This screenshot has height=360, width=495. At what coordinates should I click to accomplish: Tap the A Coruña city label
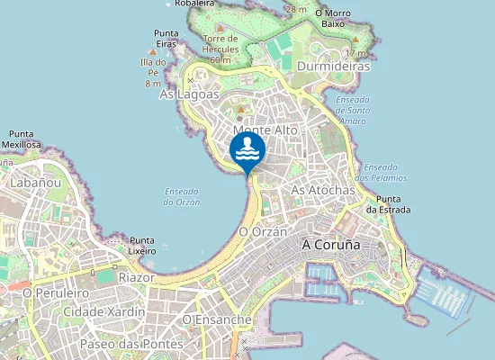pos(330,245)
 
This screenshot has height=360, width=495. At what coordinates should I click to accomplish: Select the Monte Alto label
pos(265,130)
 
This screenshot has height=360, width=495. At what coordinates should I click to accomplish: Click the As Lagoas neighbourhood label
pos(189,94)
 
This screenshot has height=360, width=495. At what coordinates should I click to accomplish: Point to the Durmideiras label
pos(334,67)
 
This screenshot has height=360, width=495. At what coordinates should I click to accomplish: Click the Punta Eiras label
pos(166,38)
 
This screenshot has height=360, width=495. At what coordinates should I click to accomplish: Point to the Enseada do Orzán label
pos(183,196)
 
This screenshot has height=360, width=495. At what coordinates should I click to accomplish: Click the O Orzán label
pos(263,231)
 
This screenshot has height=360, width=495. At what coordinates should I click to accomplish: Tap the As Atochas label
pos(323,191)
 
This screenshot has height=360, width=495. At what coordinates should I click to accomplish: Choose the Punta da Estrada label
pos(394,204)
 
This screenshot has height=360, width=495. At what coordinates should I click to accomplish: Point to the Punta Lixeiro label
pos(142,246)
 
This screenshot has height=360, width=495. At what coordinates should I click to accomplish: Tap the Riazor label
pos(137,278)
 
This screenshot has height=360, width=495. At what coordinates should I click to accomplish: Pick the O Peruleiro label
pos(56,293)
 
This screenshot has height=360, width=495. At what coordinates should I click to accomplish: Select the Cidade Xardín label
pos(103,311)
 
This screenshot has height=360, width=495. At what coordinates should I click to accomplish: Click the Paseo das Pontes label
pos(130,344)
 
